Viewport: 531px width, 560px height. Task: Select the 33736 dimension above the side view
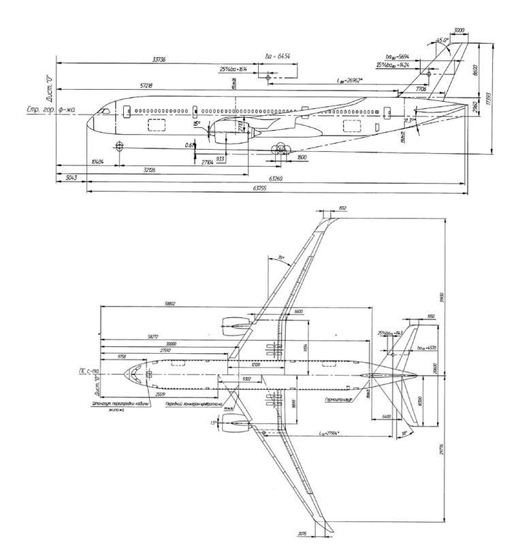point(159,60)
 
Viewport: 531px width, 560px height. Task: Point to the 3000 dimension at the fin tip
point(459,31)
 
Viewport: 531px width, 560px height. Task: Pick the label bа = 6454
point(277,56)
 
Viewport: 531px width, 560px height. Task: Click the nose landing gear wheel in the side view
point(120,146)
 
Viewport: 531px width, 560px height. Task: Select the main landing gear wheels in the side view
point(279,150)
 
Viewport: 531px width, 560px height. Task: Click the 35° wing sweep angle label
point(281,258)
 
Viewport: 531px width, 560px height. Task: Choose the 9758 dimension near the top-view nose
point(122,356)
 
